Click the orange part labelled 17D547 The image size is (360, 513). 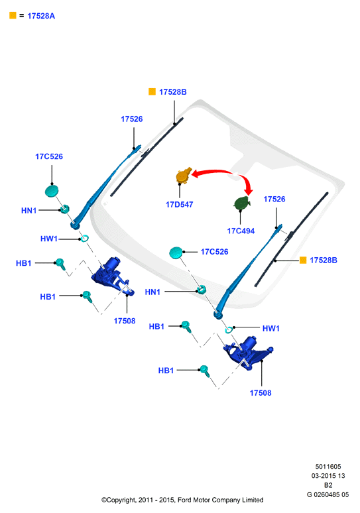(x=183, y=176)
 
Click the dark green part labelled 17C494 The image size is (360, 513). (x=242, y=203)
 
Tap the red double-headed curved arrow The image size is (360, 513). (x=226, y=171)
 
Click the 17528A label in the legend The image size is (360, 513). (x=41, y=16)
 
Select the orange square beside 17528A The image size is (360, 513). (x=13, y=15)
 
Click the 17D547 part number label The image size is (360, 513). (x=180, y=205)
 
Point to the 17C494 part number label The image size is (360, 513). (x=241, y=231)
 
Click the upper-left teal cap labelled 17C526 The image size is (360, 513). (x=52, y=191)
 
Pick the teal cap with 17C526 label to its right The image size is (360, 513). (x=176, y=253)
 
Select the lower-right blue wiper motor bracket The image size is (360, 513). (x=248, y=353)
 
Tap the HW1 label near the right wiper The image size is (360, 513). (x=271, y=329)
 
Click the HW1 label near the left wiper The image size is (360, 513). (x=49, y=239)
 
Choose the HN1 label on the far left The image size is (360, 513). (x=29, y=211)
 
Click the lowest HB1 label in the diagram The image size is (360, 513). (x=166, y=370)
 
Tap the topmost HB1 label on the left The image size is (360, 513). (x=24, y=263)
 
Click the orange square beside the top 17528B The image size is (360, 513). (x=152, y=91)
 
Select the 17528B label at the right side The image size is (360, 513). (x=324, y=260)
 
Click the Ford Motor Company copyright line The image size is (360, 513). (x=182, y=500)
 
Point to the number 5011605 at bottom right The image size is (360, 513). (x=328, y=467)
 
